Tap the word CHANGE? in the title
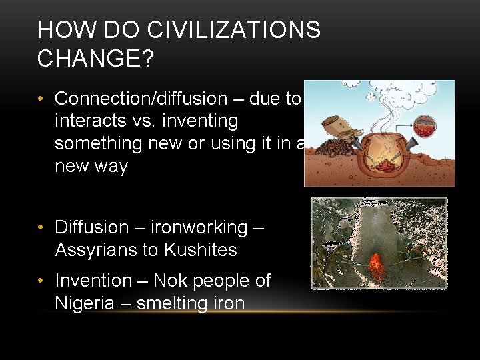pos(95,59)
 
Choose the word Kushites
pos(202,250)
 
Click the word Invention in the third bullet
pos(93,281)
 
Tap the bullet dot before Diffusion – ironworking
pos(41,227)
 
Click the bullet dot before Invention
pos(41,281)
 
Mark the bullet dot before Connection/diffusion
pos(41,99)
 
